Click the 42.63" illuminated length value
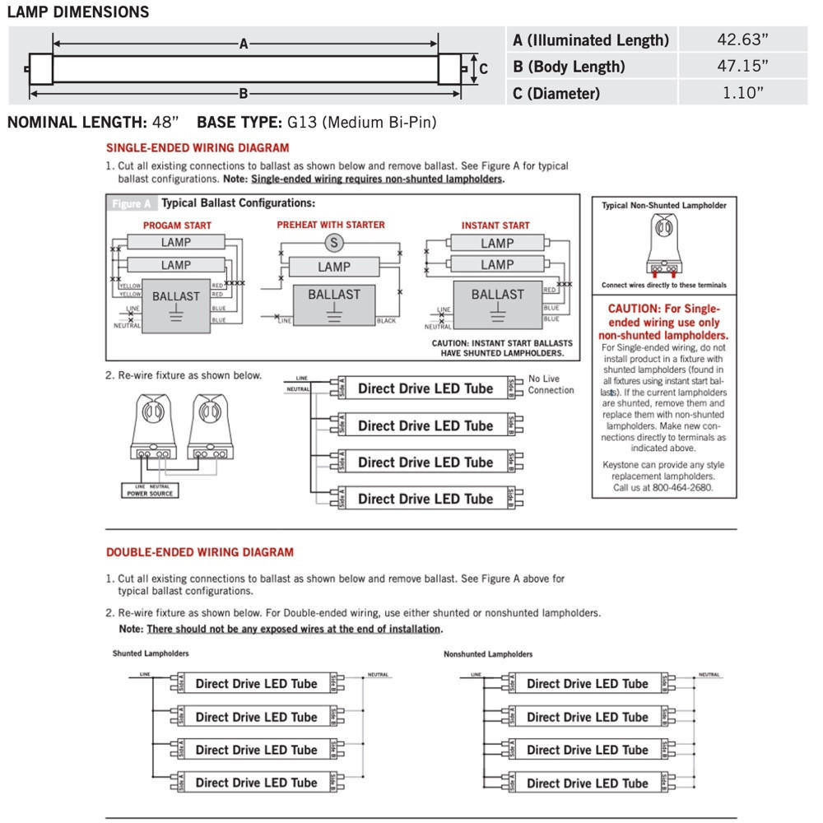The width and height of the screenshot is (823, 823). [x=743, y=40]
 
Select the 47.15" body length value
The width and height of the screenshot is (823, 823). [x=743, y=66]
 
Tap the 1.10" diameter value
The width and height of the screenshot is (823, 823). [x=743, y=93]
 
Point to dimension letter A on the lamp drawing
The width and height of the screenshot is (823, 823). [x=244, y=44]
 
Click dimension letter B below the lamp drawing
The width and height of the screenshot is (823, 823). [x=244, y=93]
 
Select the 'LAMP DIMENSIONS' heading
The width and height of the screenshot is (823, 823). [x=78, y=12]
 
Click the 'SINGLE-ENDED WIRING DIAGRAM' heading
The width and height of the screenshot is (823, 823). [x=198, y=148]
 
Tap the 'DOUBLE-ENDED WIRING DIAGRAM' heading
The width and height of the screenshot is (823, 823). [x=200, y=552]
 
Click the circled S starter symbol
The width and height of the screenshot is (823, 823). [x=333, y=242]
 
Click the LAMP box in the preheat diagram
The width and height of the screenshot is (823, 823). [x=333, y=267]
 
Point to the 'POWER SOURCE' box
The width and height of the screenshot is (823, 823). [x=150, y=491]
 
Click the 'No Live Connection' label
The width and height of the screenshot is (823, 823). [x=551, y=384]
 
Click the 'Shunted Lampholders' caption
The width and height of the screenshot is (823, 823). [x=151, y=653]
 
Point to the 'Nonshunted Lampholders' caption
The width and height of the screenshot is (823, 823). [x=488, y=654]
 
